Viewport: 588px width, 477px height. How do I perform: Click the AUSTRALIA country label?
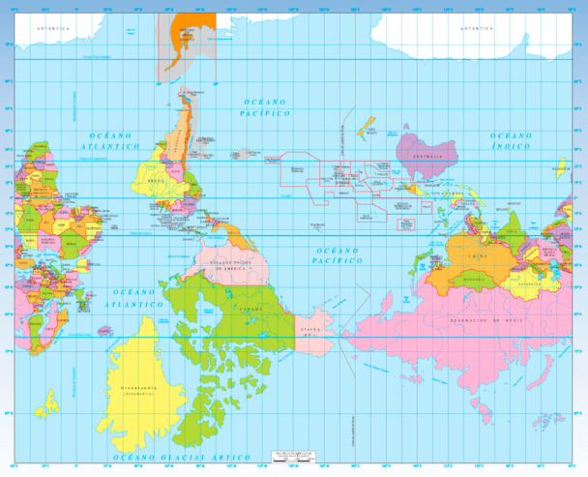(426, 155)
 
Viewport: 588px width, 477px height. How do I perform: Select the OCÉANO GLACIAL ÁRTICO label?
(183, 457)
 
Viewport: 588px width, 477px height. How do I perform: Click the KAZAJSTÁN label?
(528, 285)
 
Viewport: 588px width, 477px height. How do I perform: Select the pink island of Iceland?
(44, 398)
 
